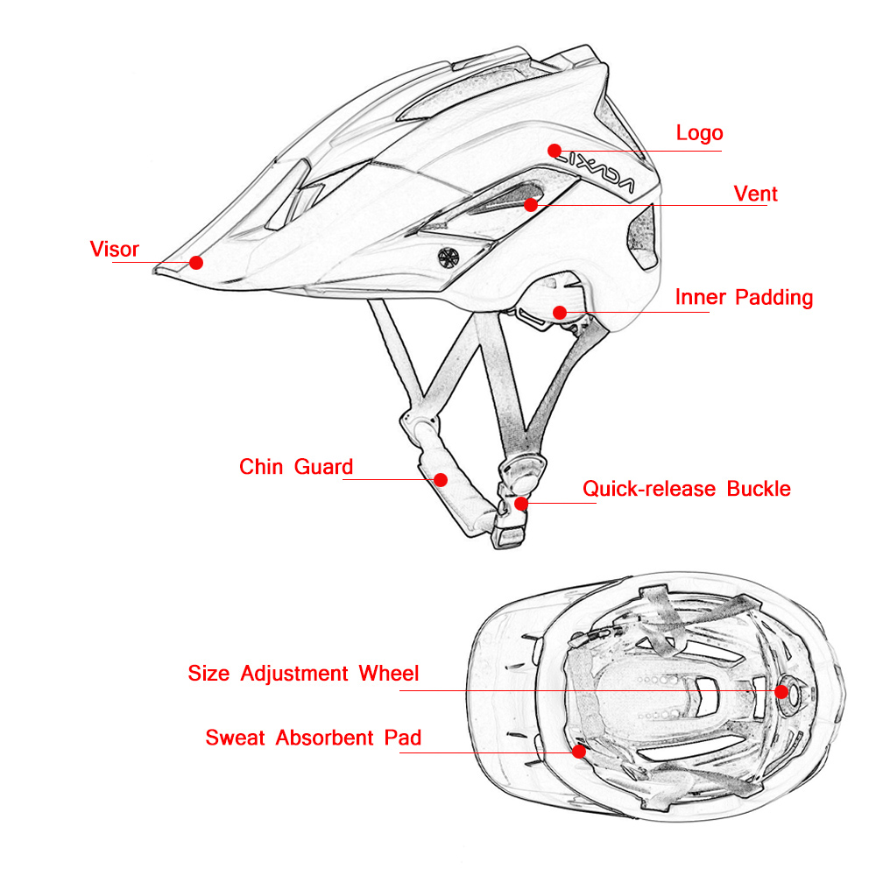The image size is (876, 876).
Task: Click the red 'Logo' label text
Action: point(699,133)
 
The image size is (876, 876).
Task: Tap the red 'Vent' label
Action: point(755,194)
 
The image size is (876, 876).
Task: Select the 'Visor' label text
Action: point(115,250)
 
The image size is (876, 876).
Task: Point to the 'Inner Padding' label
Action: point(744,298)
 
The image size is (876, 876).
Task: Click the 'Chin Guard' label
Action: point(296,467)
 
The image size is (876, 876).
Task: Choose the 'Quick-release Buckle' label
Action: point(687,489)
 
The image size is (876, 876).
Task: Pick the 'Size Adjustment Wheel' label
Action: point(303,674)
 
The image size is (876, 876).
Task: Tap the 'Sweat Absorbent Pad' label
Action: point(313,738)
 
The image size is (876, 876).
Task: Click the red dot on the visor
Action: point(196,262)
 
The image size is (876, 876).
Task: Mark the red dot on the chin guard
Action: point(441,479)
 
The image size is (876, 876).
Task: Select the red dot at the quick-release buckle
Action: point(521,503)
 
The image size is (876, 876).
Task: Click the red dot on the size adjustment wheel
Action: point(781,690)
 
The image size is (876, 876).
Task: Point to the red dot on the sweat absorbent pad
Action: point(578,751)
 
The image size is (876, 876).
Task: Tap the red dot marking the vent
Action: point(531,205)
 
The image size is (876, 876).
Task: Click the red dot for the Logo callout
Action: point(554,150)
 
